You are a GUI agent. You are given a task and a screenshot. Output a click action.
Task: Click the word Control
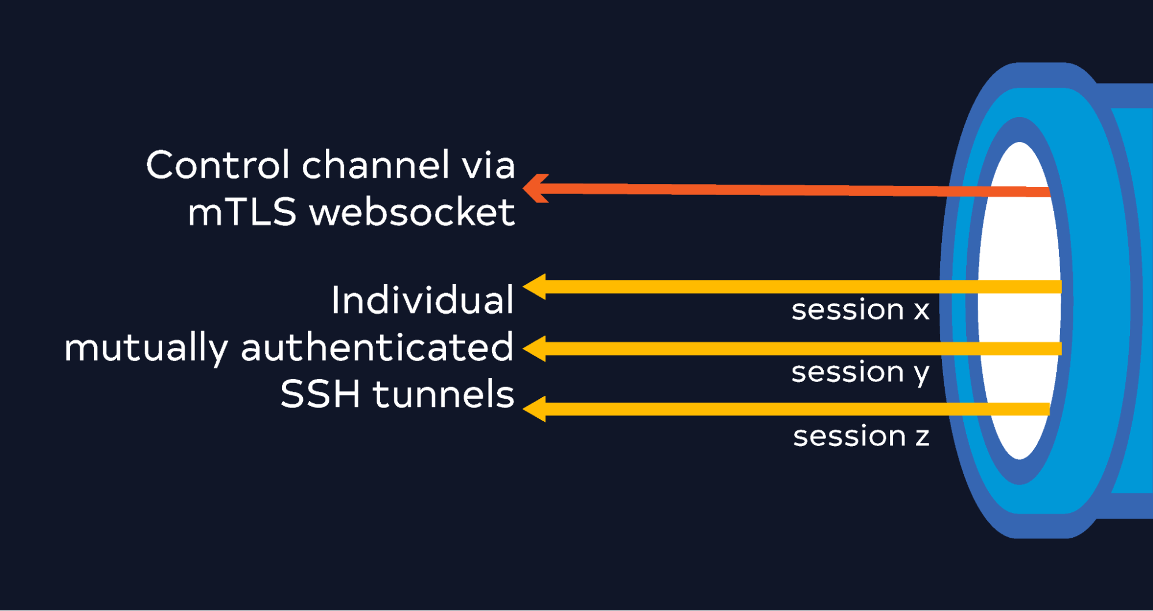tap(217, 165)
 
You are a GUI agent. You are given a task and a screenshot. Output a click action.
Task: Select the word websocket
tap(412, 212)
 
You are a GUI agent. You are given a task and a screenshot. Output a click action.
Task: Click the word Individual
tap(422, 299)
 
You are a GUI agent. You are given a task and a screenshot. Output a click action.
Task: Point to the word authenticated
tap(377, 347)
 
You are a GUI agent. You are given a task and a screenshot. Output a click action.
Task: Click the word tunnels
tap(443, 394)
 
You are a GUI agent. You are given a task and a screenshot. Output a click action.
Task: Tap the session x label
tap(861, 310)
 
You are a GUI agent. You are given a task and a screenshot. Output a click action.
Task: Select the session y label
tap(861, 373)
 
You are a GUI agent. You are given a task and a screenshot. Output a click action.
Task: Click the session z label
tap(861, 436)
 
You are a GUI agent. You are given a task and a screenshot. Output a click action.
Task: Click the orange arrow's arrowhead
tap(535, 188)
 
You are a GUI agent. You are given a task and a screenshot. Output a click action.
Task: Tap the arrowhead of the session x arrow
tap(534, 287)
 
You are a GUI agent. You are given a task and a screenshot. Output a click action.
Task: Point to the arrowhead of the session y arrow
tap(534, 348)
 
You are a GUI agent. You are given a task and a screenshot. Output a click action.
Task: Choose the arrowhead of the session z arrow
tap(534, 409)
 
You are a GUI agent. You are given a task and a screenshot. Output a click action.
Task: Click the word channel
tap(375, 165)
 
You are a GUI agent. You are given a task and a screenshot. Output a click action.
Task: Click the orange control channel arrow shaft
tap(796, 190)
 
